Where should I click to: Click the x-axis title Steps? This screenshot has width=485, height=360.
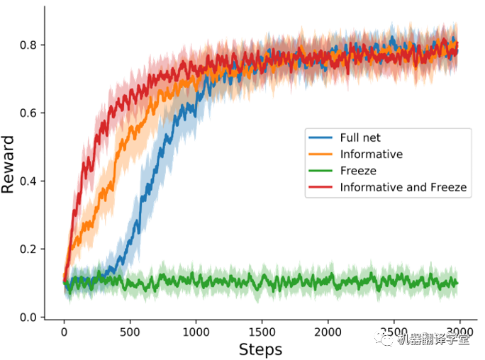click(261, 349)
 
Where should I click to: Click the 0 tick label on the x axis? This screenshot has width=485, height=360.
click(65, 331)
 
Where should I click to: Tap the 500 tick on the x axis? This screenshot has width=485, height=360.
click(130, 331)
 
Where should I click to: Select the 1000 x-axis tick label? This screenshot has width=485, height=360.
click(196, 331)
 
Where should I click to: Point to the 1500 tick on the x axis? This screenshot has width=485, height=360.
click(262, 331)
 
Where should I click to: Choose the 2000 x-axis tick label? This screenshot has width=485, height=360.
click(328, 331)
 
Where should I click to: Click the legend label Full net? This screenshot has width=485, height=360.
click(359, 137)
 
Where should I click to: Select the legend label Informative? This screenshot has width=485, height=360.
click(372, 154)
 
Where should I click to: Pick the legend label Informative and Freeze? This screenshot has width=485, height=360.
click(403, 188)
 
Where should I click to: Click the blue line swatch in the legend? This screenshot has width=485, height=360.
click(322, 137)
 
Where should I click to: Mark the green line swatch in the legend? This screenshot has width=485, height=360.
click(322, 171)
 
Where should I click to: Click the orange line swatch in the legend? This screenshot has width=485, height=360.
click(322, 154)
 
